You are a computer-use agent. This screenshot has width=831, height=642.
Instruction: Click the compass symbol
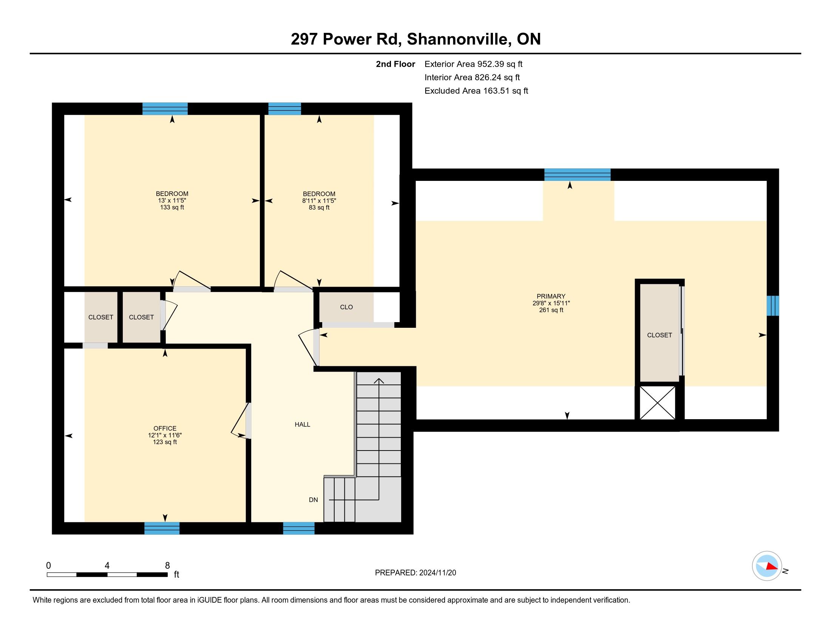tap(767, 566)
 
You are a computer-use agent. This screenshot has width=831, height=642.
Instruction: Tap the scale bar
tap(107, 574)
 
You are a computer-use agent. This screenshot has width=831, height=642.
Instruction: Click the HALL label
tap(303, 424)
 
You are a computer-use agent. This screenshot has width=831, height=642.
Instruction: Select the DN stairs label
tap(313, 500)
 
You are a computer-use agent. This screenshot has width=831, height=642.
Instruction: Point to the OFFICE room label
tap(165, 428)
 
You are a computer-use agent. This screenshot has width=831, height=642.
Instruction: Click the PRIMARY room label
tap(551, 296)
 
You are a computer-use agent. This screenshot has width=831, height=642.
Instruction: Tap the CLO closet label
tap(346, 307)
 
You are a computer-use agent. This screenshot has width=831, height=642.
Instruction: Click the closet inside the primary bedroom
tap(660, 333)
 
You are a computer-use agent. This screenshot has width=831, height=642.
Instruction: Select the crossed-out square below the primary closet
tap(657, 403)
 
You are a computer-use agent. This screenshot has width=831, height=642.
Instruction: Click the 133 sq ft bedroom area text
tap(172, 207)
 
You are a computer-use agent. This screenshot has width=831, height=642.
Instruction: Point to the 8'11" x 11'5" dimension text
tap(319, 201)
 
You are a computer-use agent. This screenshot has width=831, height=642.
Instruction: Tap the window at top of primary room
tap(577, 174)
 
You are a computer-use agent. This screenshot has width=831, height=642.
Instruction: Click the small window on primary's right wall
tap(772, 306)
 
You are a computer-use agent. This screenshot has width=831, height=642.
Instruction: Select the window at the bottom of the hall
tap(299, 528)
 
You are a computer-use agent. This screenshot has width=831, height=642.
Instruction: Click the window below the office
tap(162, 528)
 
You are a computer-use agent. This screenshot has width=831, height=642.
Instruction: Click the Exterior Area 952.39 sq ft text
tap(473, 64)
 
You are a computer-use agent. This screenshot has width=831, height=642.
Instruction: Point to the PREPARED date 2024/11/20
tap(437, 573)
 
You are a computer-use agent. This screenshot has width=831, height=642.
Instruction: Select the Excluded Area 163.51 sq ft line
tap(476, 91)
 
